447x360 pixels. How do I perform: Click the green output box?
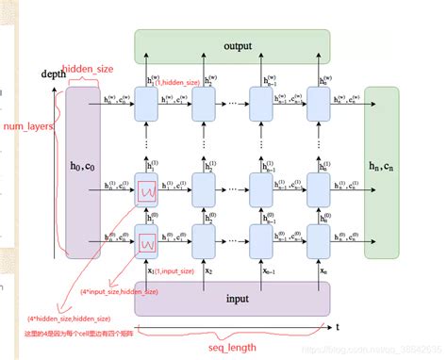(x=232, y=45)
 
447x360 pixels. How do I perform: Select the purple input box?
(x=230, y=298)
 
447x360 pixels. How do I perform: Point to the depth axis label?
(x=54, y=74)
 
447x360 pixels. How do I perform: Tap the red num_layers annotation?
(x=26, y=125)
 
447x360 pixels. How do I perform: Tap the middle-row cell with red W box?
(x=147, y=191)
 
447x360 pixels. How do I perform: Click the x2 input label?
(x=205, y=271)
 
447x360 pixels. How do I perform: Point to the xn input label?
(x=321, y=271)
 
